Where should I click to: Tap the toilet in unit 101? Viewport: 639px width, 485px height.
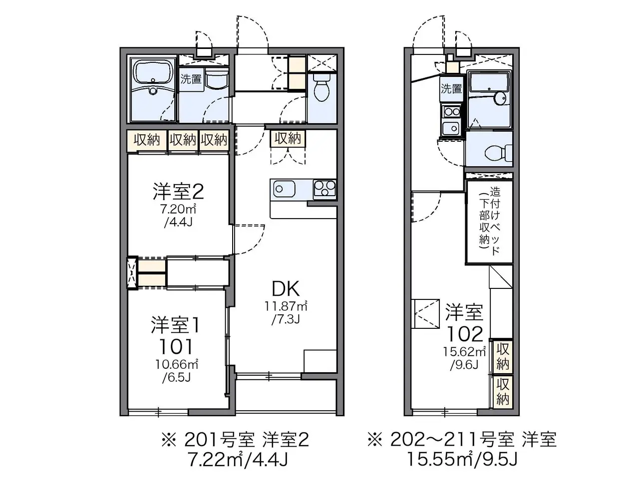click(x=322, y=86)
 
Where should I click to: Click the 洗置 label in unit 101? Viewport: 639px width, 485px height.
click(x=191, y=79)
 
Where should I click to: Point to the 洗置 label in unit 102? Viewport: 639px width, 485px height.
click(x=451, y=88)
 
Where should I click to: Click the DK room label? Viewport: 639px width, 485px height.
click(x=286, y=289)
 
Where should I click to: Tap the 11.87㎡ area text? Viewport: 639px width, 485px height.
click(x=286, y=306)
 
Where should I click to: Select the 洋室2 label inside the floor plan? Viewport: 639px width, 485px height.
click(x=178, y=192)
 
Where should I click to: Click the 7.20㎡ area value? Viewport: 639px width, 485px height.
click(x=178, y=209)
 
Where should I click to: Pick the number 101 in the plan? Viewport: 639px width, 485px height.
click(x=176, y=346)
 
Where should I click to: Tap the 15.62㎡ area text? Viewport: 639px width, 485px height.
click(x=464, y=352)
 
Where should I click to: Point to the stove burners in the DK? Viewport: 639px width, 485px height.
click(x=324, y=190)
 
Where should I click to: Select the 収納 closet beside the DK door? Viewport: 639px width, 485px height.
click(x=288, y=138)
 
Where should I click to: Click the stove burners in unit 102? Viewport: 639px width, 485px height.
click(x=451, y=112)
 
